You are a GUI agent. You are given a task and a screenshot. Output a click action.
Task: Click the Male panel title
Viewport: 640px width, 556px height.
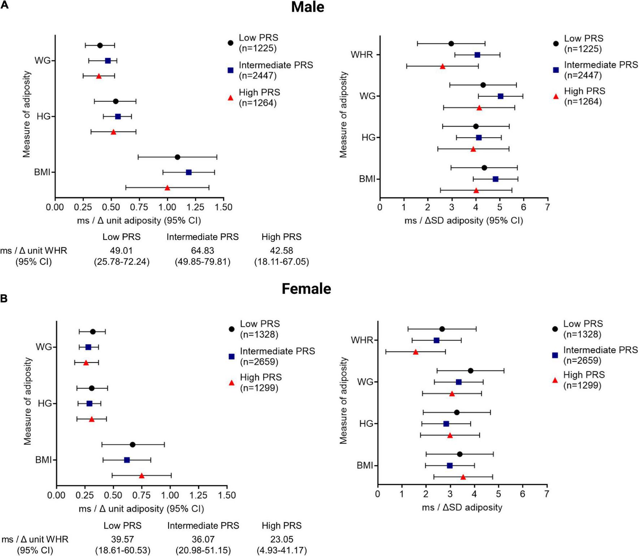coord(307,7)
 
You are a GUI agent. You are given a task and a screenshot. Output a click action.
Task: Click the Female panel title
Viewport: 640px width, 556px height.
coord(306,289)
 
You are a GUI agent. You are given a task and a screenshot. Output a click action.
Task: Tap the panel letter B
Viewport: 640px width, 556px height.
coord(4,299)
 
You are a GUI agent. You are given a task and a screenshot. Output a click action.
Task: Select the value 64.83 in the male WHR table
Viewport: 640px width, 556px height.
coord(203,251)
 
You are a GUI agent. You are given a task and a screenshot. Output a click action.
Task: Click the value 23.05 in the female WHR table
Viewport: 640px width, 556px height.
coord(282,539)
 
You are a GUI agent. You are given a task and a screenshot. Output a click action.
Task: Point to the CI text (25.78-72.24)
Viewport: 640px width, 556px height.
coord(122,262)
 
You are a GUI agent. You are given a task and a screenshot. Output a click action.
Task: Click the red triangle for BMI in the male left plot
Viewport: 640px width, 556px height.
coord(167,188)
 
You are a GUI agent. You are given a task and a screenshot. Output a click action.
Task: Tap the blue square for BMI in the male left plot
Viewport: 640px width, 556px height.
coord(189,172)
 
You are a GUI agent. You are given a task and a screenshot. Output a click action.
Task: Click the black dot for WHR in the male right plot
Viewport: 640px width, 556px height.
coord(451,44)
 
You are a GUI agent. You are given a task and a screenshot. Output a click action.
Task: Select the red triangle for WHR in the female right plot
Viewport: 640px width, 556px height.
coord(416,352)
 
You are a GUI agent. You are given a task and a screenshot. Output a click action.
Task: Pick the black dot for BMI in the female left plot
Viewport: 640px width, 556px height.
coord(133,444)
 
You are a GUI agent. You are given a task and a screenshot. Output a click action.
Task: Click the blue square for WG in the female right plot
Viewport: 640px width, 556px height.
coord(459,382)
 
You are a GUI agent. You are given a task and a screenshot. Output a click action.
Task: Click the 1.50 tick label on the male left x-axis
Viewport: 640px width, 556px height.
coord(224,207)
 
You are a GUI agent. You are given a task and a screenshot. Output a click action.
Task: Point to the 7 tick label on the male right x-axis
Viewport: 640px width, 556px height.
coord(548,207)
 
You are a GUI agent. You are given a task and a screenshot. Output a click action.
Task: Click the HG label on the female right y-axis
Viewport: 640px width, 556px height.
coord(366,423)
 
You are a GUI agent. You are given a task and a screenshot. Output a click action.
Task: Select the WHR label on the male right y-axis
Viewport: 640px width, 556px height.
coord(362,55)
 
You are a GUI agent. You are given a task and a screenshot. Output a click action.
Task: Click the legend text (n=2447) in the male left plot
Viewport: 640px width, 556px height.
coord(258,75)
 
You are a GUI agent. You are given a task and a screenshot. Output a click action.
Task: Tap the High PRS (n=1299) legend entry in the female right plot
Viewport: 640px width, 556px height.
coord(584,380)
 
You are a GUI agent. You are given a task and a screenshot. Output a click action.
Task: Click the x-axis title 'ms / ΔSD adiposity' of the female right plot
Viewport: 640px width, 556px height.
coord(462,508)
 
